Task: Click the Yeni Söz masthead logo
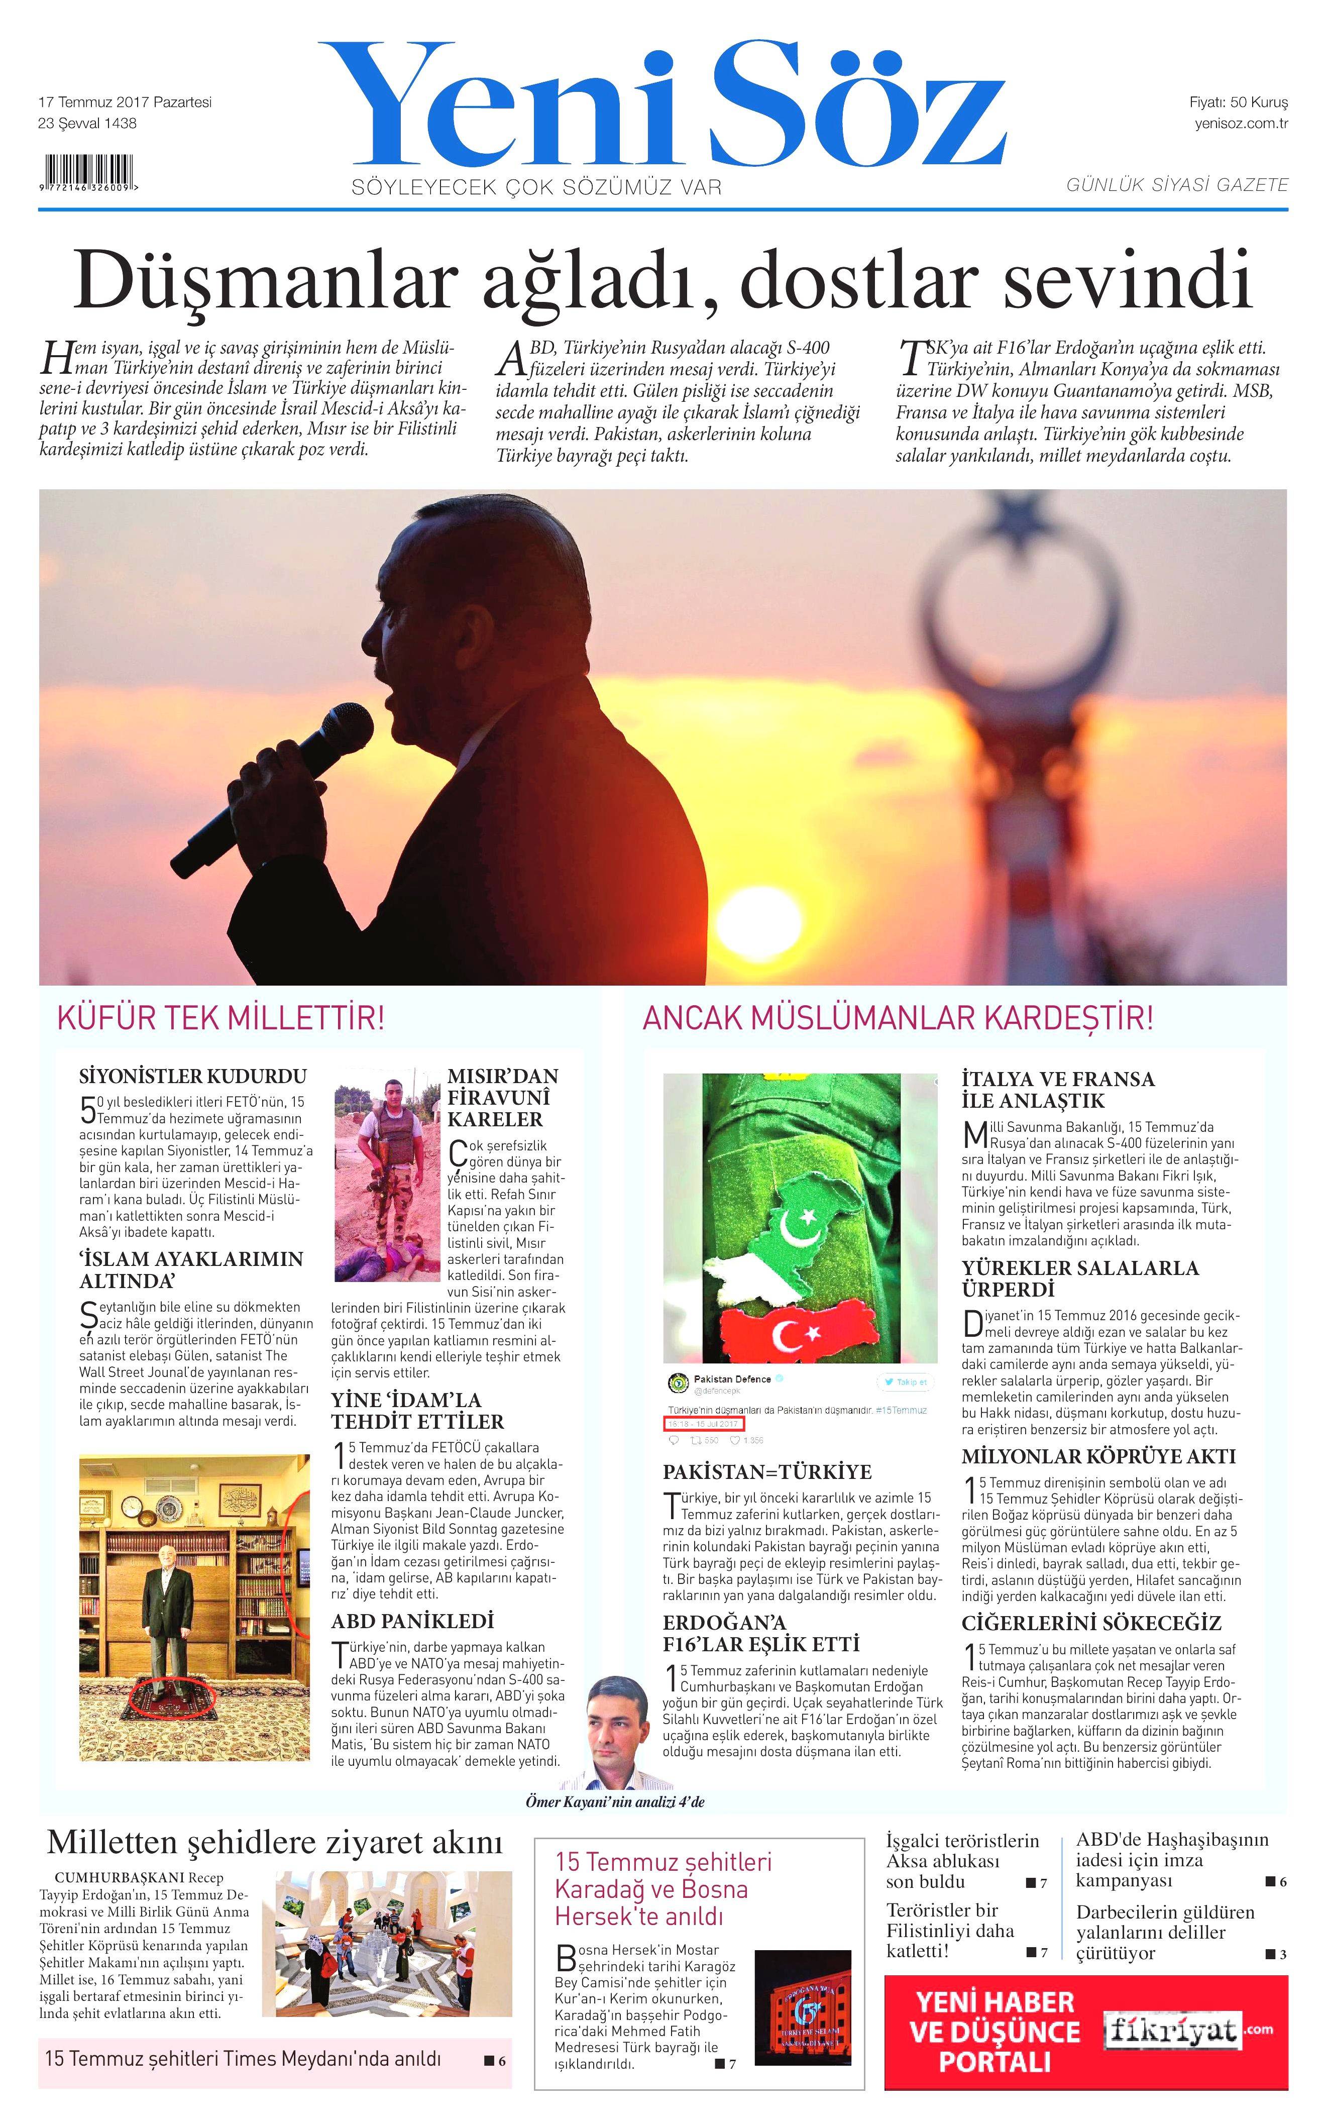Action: [x=662, y=105]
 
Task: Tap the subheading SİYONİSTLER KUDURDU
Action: [x=193, y=1076]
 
